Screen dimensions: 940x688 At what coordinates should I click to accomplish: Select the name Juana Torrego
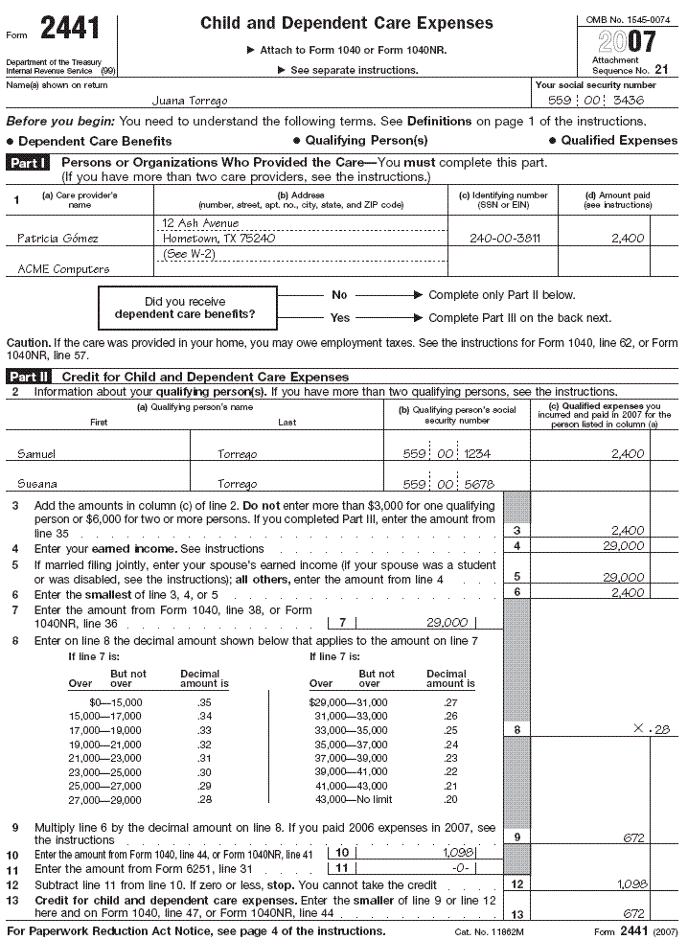[190, 101]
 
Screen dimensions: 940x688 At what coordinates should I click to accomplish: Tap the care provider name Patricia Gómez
[57, 239]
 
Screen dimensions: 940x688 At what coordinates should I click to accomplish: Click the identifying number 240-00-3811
[504, 239]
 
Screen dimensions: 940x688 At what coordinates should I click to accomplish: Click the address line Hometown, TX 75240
[219, 239]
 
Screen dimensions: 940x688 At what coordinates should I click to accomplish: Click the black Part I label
[30, 164]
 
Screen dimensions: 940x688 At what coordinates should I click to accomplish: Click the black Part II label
[31, 378]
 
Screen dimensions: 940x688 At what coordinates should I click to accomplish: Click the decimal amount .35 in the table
[204, 702]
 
